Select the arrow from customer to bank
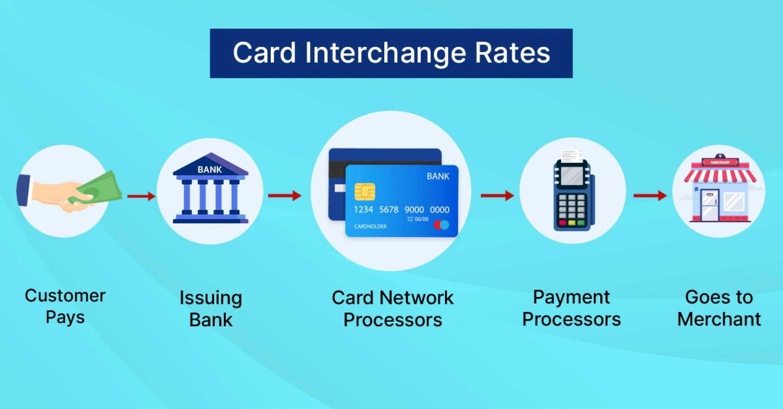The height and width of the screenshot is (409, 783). [x=141, y=196]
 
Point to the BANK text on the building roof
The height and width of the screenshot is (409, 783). [x=210, y=169]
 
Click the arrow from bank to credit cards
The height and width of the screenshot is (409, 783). [x=285, y=196]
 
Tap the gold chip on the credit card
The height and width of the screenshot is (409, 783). [x=365, y=191]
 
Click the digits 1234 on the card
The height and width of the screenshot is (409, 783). [x=363, y=209]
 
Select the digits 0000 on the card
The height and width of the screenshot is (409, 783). [x=440, y=210]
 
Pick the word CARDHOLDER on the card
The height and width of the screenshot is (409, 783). [x=370, y=226]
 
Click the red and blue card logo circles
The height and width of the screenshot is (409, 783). [x=442, y=225]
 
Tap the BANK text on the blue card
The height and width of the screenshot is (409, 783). [x=438, y=176]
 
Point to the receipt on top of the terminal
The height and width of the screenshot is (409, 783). [x=572, y=156]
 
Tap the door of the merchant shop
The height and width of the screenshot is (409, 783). [x=709, y=205]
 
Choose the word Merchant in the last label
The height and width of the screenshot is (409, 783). [x=719, y=319]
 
